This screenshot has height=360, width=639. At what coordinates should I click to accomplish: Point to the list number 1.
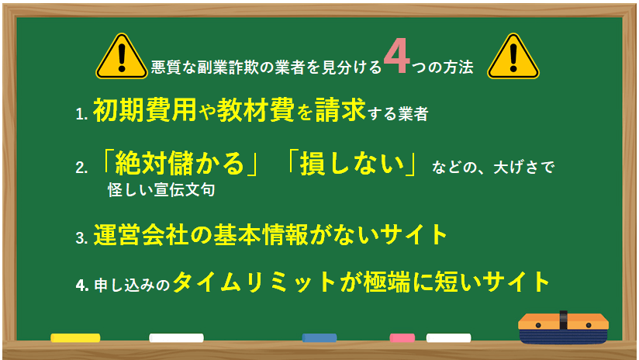coord(81,114)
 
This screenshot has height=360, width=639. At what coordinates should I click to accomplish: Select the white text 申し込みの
coord(133,283)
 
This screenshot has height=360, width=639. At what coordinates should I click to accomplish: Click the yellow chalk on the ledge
coord(75,337)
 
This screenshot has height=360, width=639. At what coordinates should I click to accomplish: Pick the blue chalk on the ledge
coord(319,337)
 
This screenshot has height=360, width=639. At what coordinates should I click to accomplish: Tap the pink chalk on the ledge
coord(402,337)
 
